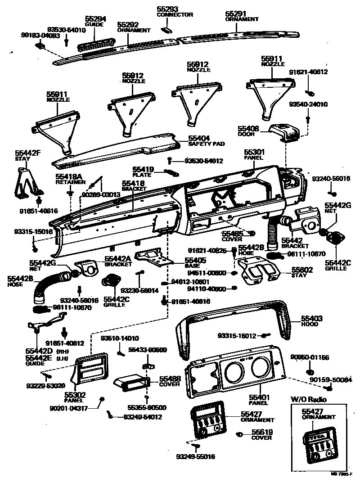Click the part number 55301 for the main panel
pos(255,153)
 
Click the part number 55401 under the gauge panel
pos(259,397)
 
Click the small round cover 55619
pos(241,435)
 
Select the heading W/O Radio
pos(308,399)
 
